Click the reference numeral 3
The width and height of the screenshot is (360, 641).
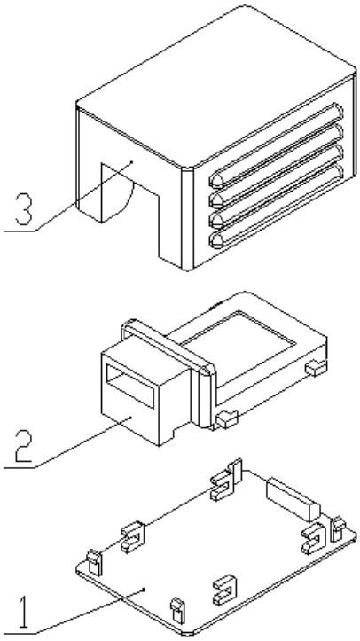coord(23,209)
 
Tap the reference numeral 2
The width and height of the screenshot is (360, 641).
coord(23,446)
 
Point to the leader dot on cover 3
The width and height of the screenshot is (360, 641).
coord(131,162)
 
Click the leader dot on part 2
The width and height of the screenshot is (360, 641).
coord(130,417)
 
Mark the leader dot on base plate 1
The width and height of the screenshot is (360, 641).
coord(144,589)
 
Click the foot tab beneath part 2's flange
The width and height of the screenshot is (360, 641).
coord(227,420)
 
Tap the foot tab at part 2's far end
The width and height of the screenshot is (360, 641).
coord(316,368)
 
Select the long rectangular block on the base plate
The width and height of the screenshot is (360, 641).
coord(293,499)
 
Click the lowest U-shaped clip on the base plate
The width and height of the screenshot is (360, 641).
coord(224,590)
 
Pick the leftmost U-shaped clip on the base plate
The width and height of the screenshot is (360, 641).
coord(132,537)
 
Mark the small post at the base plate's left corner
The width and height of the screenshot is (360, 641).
coord(94,562)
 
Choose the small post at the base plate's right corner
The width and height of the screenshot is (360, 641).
coord(338,530)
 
